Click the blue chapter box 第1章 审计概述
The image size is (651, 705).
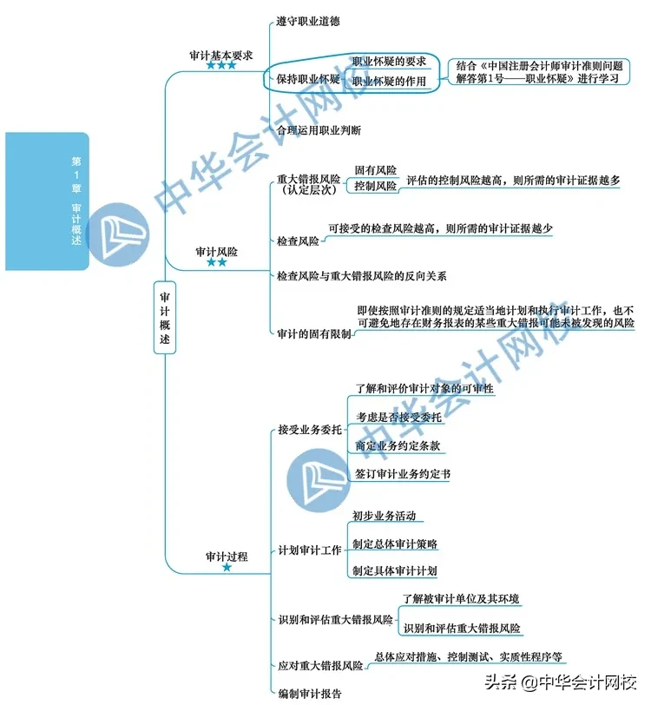47,201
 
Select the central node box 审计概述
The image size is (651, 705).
165,318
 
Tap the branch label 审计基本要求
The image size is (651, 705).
220,56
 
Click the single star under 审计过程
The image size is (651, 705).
227,568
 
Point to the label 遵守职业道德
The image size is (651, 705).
308,21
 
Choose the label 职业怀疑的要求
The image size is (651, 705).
389,61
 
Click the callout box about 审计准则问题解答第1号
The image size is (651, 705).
539,72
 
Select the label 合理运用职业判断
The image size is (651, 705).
319,130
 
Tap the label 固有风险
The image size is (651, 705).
375,170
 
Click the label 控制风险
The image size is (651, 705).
375,186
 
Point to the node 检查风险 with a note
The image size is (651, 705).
298,241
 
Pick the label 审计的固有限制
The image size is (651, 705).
314,333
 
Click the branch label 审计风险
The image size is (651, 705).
216,252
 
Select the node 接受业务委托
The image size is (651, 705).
310,430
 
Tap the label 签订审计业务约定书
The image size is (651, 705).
403,474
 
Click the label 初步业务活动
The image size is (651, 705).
384,516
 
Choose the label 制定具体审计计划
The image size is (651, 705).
395,571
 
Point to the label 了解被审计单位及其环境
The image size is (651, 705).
461,599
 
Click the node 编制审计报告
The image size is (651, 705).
310,694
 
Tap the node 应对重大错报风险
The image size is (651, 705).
320,665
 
